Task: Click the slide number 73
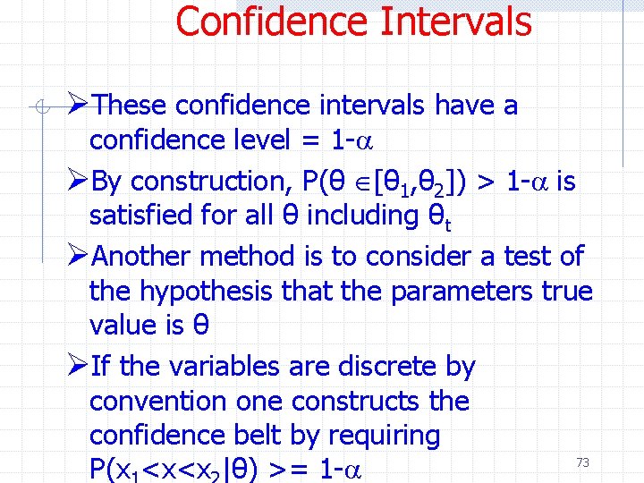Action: (582, 462)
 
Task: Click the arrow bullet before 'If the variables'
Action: (77, 366)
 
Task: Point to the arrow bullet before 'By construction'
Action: (77, 181)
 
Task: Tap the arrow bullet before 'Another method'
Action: (77, 256)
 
